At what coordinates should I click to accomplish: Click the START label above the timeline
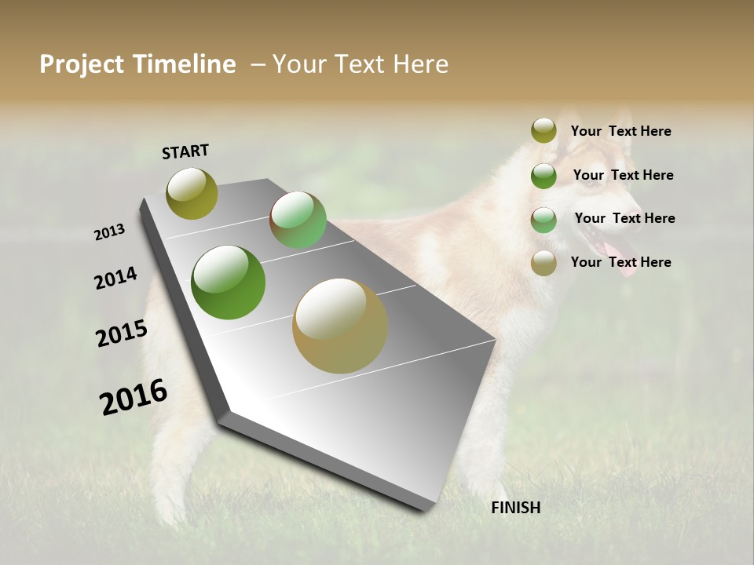(185, 151)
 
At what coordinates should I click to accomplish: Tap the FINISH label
(515, 508)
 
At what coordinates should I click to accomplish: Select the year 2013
(109, 232)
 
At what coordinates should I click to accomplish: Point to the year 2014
(115, 279)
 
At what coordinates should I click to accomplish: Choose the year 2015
(122, 334)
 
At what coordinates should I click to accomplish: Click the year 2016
(134, 397)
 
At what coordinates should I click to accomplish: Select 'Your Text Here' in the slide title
(361, 64)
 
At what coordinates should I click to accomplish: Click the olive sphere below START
(192, 193)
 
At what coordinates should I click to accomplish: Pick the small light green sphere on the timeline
(298, 220)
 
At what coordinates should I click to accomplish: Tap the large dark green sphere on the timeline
(229, 282)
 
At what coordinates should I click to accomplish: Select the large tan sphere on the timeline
(340, 326)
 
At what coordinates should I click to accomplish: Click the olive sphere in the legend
(544, 130)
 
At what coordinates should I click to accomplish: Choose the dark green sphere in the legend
(544, 176)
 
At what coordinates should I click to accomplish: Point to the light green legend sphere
(544, 220)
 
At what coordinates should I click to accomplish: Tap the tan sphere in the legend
(544, 263)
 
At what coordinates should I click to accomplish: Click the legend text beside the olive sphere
(620, 132)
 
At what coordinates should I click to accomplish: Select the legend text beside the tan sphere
(620, 262)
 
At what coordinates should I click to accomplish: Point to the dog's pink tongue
(624, 263)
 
